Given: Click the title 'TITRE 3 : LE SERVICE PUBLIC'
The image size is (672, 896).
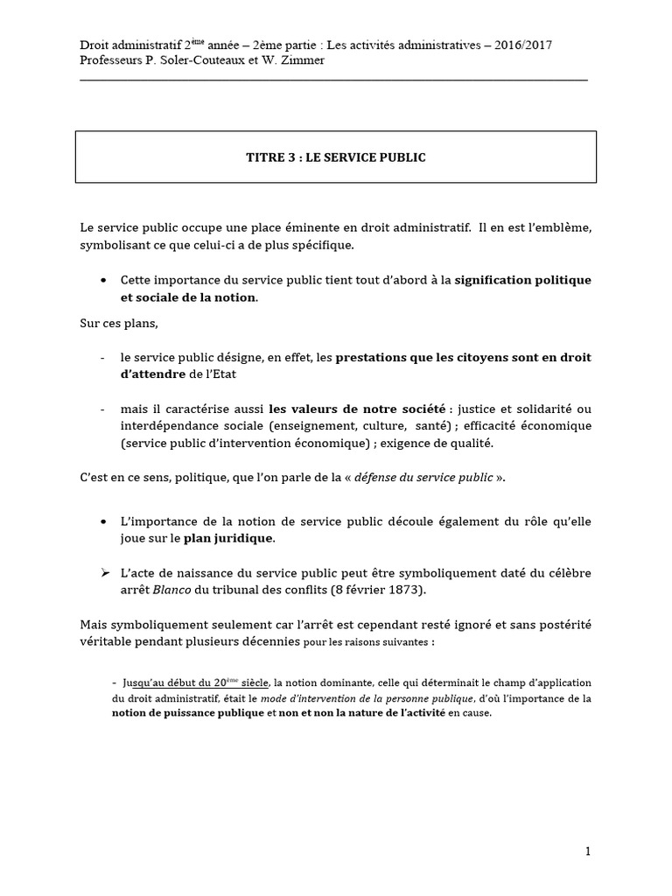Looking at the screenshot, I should tap(335, 157).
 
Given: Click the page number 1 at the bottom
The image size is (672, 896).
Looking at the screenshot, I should tap(588, 850).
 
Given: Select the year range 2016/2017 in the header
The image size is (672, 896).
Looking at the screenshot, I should tap(521, 45).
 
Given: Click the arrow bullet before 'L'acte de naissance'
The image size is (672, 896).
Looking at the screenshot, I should tap(104, 572).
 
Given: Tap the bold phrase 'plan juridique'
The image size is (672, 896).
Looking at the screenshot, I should tap(229, 537).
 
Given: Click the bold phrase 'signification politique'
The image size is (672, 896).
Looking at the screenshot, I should tap(523, 280).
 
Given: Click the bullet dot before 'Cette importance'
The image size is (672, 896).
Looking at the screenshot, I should tap(104, 281).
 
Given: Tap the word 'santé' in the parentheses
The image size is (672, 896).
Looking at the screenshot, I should tap(421, 426).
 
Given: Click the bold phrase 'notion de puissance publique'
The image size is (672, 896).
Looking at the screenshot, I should tap(187, 713).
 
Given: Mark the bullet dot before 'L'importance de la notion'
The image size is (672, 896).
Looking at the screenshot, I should tap(104, 521).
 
